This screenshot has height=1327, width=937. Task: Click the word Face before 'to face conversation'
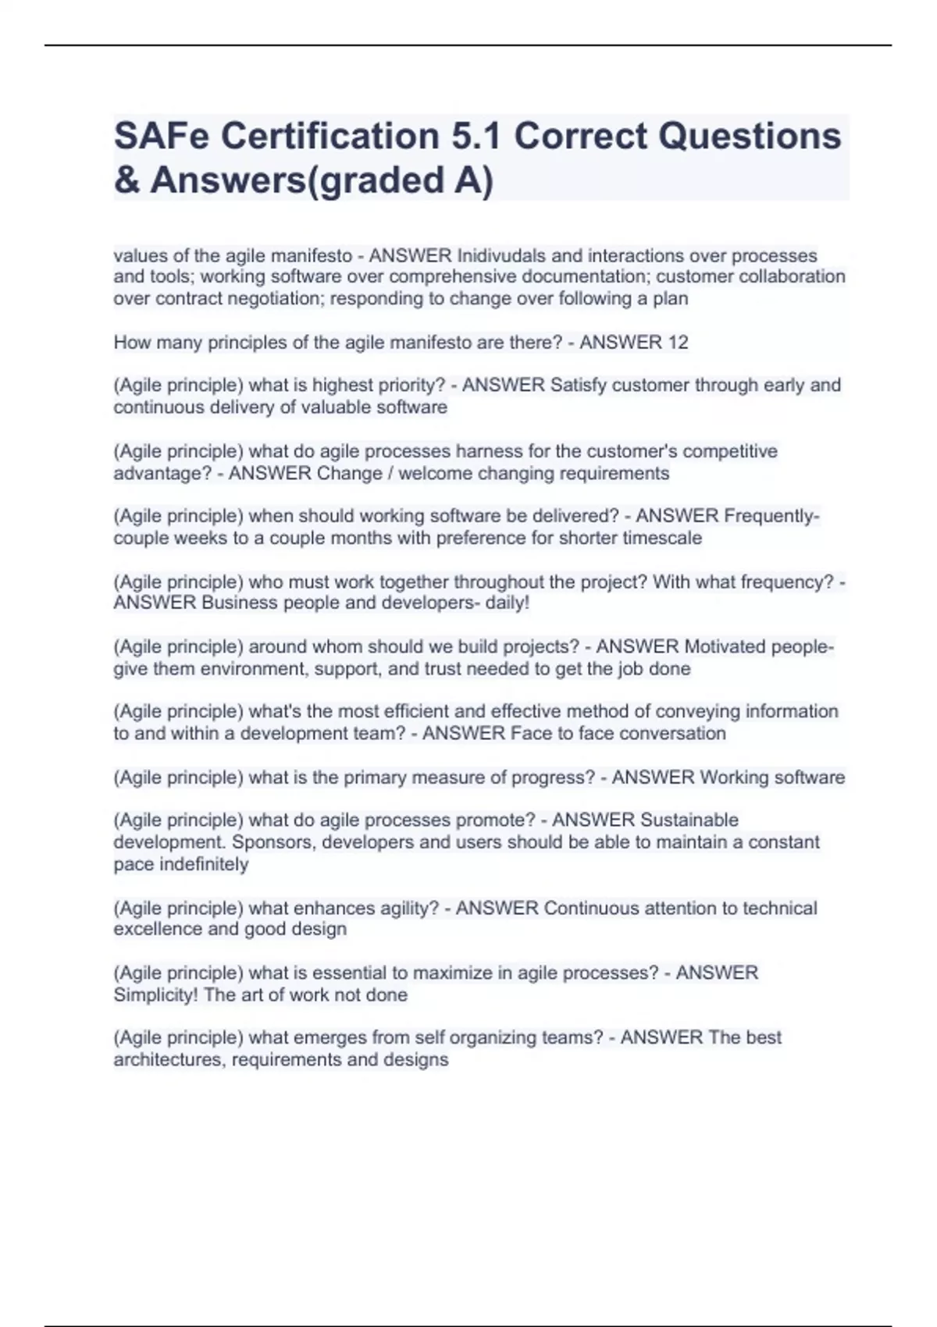pos(529,733)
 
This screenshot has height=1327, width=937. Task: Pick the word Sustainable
pos(689,820)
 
